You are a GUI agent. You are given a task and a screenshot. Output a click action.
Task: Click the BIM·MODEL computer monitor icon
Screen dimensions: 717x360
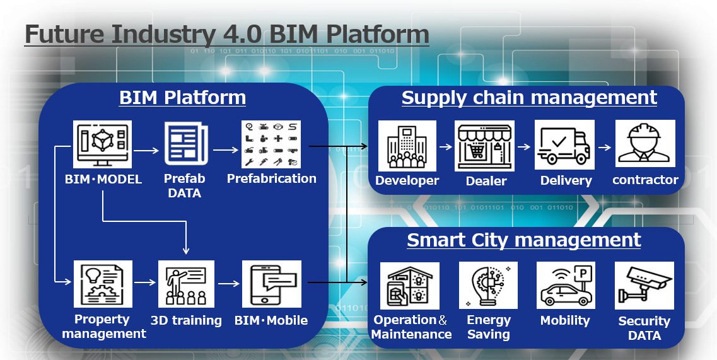(102, 144)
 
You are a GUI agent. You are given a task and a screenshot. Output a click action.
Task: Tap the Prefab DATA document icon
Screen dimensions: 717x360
(186, 144)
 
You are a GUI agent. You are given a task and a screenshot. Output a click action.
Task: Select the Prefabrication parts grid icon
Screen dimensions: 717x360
(271, 144)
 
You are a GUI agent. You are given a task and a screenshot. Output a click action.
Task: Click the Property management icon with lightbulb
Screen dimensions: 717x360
(103, 284)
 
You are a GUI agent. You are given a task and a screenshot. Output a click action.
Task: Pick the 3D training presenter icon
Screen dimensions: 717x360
(186, 284)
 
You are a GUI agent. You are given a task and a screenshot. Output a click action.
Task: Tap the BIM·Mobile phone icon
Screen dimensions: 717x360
(272, 284)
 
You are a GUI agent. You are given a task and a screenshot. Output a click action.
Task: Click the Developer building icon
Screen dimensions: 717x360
(407, 146)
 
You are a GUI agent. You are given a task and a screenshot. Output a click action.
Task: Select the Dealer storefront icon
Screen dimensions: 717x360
(484, 146)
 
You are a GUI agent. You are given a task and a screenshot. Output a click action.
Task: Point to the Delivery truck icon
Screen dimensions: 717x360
(564, 144)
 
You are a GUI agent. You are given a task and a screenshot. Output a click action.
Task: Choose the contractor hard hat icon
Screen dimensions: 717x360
(644, 143)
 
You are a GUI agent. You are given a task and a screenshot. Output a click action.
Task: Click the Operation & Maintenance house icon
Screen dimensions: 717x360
(410, 286)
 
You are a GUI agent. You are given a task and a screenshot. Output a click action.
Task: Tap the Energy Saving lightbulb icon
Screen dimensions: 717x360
(488, 285)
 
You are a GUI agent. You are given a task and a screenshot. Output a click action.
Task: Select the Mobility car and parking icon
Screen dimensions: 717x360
(566, 285)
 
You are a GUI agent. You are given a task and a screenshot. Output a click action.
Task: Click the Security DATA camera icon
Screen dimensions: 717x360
(644, 286)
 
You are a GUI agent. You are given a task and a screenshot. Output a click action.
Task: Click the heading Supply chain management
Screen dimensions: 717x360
(529, 98)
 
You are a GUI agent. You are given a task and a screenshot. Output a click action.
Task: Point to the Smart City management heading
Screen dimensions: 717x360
(524, 240)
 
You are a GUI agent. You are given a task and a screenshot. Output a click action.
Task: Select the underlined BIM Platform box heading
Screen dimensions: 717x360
(182, 98)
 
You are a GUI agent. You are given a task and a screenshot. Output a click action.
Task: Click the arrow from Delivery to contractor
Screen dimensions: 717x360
(605, 148)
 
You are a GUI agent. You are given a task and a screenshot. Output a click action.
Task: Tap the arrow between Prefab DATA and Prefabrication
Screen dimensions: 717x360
(225, 149)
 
